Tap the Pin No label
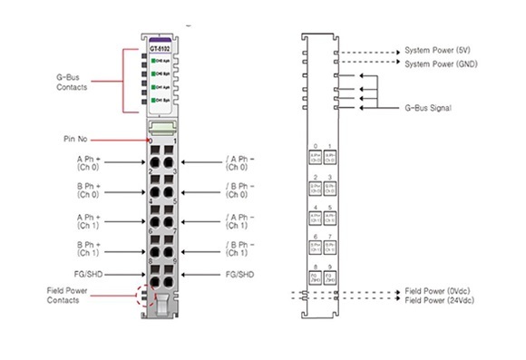76,139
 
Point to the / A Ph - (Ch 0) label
239,163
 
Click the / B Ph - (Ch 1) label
239,249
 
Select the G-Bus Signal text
431,107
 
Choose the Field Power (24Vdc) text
440,300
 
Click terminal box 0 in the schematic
315,156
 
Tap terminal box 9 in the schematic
329,278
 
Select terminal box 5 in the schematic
329,218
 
